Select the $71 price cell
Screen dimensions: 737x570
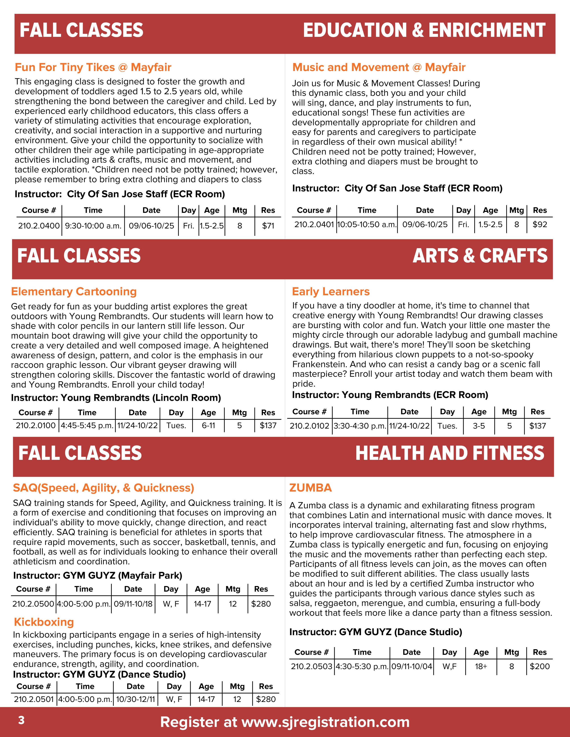268,226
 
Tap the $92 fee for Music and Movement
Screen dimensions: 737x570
540,224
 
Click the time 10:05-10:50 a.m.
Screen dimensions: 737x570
367,224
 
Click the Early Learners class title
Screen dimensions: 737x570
331,291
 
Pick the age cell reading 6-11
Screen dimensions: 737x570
208,425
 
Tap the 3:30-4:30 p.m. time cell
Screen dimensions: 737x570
360,426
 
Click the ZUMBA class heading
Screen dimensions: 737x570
310,488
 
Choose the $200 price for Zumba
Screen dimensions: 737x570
540,666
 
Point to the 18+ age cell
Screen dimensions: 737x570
481,666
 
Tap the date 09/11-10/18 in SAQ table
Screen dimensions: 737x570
133,604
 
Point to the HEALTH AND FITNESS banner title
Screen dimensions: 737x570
450,453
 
